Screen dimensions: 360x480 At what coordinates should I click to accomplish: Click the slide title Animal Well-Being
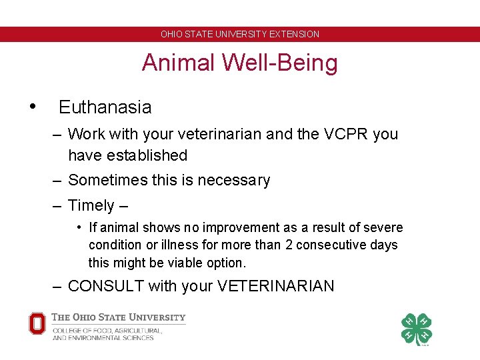tap(240, 63)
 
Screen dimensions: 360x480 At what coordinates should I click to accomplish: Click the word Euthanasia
tap(105, 107)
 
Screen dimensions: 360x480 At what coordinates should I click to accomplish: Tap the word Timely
tap(91, 205)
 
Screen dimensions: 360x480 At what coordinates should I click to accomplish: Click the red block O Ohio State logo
tap(37, 323)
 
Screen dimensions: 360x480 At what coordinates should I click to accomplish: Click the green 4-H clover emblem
tap(416, 329)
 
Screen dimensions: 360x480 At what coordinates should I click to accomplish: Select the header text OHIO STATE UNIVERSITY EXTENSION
tap(240, 34)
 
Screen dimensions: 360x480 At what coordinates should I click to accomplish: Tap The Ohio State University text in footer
tap(119, 317)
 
